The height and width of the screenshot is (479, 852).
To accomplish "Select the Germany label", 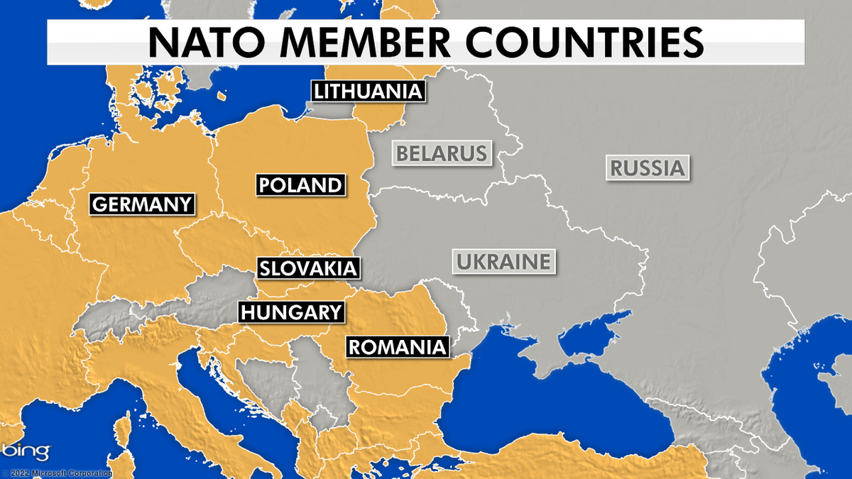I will (x=143, y=204).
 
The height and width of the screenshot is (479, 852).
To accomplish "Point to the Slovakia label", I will (x=307, y=268).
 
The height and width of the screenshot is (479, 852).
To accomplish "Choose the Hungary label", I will (x=291, y=312).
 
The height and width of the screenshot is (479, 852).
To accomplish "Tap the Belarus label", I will (x=442, y=153).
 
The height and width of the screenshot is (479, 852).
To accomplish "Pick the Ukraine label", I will (x=503, y=261).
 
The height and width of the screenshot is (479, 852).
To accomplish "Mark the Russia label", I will (x=648, y=168).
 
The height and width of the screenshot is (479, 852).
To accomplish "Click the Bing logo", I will (x=26, y=451).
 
